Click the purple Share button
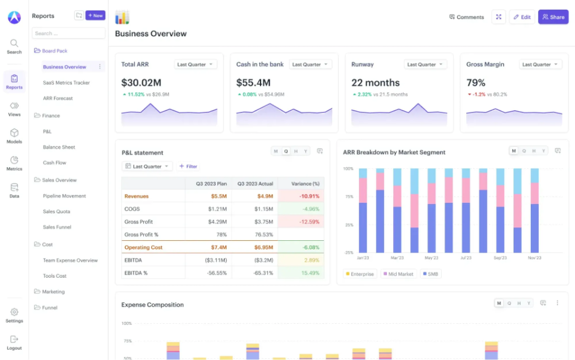click(x=553, y=17)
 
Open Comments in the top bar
click(x=467, y=17)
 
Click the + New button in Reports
click(x=95, y=15)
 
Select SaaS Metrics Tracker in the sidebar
click(x=66, y=82)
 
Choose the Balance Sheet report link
click(x=59, y=147)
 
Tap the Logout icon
click(x=14, y=339)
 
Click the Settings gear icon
click(x=14, y=312)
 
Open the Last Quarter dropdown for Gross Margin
click(x=540, y=65)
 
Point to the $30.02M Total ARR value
click(x=141, y=83)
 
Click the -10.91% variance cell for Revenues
click(x=301, y=196)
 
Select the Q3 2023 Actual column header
click(x=255, y=183)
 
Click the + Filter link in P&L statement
click(x=189, y=166)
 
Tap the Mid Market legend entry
click(x=399, y=274)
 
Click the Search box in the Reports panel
click(x=69, y=33)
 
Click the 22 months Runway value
click(x=375, y=83)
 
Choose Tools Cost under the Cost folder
click(x=55, y=276)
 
